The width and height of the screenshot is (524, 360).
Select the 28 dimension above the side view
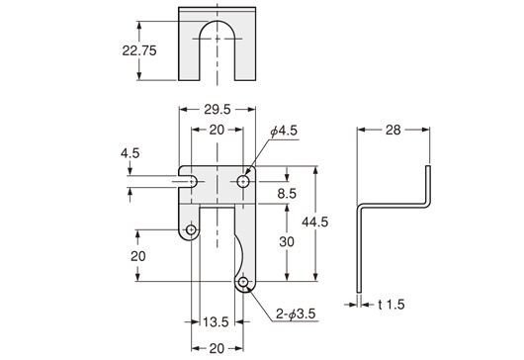click(x=393, y=130)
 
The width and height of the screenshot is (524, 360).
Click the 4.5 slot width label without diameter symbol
click(x=131, y=153)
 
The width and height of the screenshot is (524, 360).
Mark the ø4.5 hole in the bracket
click(x=243, y=183)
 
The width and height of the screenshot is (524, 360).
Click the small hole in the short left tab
click(x=191, y=229)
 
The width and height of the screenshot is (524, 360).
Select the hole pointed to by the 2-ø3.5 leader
click(x=243, y=285)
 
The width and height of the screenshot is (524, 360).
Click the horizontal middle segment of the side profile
click(x=396, y=208)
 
